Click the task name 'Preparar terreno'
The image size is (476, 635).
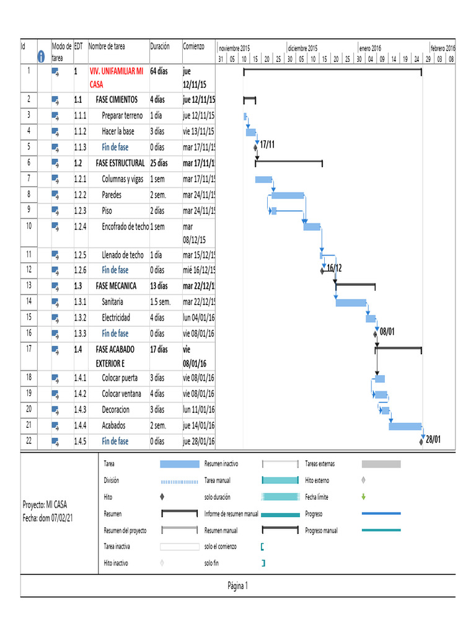click(122, 115)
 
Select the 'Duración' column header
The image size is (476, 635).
click(159, 47)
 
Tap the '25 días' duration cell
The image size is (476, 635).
click(159, 163)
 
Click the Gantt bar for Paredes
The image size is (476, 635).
click(288, 195)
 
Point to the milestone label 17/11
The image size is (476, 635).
click(267, 145)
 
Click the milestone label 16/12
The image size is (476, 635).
click(334, 268)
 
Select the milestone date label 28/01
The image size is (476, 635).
click(433, 440)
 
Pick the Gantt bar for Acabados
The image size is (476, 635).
click(405, 426)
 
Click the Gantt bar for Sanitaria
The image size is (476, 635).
click(351, 303)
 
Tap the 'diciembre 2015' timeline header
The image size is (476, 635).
click(302, 48)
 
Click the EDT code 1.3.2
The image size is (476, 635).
click(81, 317)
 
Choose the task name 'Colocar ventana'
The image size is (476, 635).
click(121, 393)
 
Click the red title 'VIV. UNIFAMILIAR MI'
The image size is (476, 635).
click(116, 71)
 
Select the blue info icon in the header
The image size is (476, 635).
click(42, 56)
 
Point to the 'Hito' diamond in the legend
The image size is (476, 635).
click(162, 497)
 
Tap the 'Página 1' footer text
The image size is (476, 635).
click(238, 585)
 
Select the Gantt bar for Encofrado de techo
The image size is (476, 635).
click(312, 226)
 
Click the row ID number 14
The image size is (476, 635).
click(29, 301)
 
